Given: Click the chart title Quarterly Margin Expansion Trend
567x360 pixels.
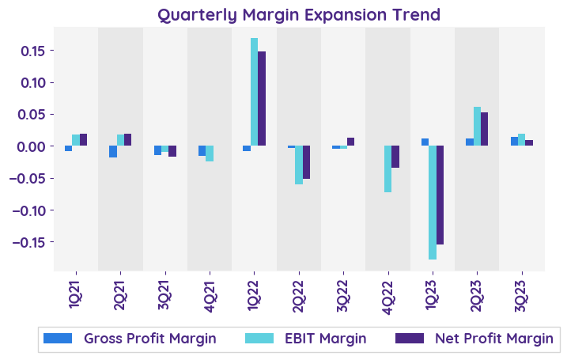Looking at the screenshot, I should [x=299, y=15].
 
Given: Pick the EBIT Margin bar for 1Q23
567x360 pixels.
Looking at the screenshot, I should [x=433, y=203].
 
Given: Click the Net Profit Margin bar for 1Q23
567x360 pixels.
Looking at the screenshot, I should [x=440, y=195].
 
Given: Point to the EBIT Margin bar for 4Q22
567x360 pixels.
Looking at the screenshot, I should [x=388, y=169].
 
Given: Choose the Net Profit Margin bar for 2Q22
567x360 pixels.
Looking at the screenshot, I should [x=307, y=162].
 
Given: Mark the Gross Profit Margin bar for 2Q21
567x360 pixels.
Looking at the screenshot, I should [x=113, y=152].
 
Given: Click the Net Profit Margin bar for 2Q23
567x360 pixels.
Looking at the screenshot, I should [x=485, y=129].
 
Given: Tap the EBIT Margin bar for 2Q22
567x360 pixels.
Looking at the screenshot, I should [x=299, y=165].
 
